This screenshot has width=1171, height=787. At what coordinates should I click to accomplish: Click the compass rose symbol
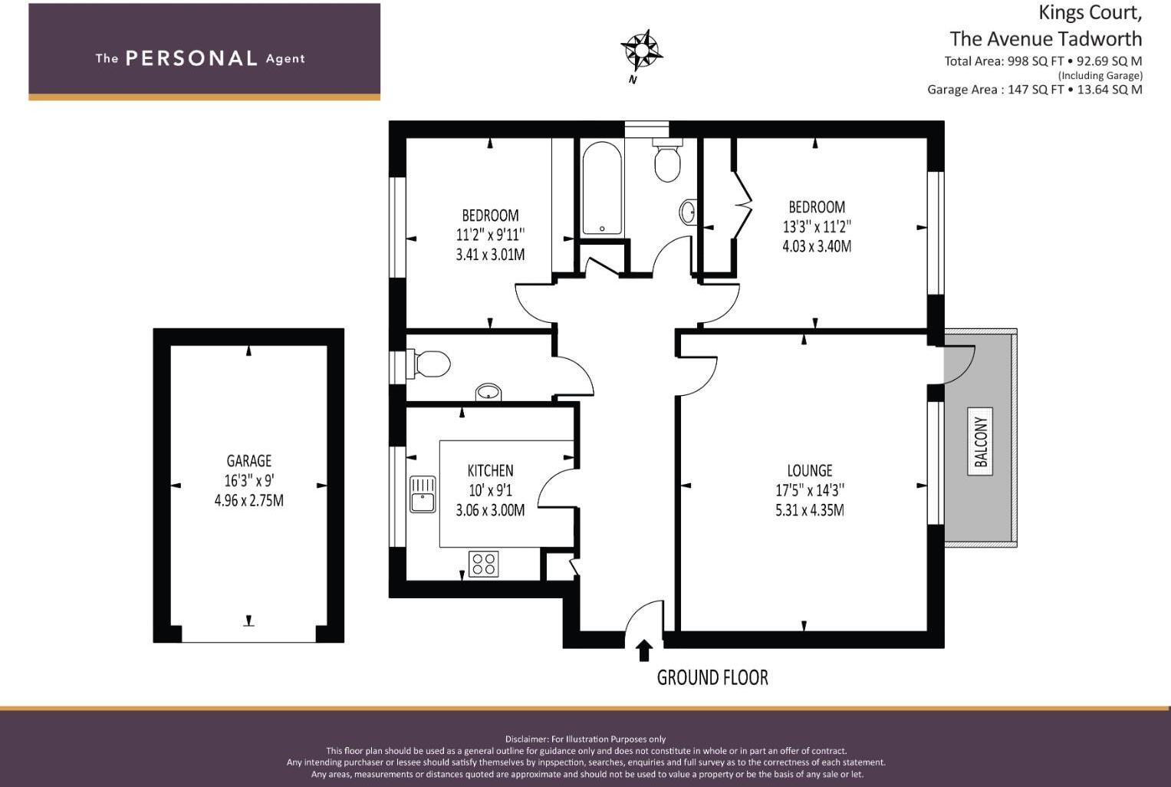coord(640,51)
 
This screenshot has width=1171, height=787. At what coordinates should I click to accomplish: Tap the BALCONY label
coord(980,441)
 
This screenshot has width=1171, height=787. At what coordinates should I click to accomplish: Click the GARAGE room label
coord(248,461)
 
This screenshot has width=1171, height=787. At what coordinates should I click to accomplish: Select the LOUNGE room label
coord(809,471)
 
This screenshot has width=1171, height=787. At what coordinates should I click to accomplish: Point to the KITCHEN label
coord(490,471)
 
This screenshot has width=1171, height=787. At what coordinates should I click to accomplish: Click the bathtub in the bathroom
coord(602,188)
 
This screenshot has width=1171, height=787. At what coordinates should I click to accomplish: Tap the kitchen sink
coord(423,494)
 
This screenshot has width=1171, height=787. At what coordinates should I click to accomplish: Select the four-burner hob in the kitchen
coord(483,564)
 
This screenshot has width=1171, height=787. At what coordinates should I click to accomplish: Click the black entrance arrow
coord(644,650)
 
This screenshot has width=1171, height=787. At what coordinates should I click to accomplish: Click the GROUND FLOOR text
coord(712,677)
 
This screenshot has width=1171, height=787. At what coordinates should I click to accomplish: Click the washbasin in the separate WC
coord(488,393)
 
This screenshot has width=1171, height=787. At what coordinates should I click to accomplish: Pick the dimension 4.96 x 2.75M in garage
coord(248,501)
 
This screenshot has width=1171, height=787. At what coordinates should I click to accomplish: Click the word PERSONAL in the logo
coord(191,58)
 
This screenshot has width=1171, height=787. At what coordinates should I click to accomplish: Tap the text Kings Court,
coord(1090,13)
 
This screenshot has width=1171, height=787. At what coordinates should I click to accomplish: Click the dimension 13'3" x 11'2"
coord(817,227)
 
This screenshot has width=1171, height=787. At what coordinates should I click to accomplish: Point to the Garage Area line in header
coord(1034,90)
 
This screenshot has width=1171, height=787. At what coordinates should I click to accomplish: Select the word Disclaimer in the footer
coord(526,739)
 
